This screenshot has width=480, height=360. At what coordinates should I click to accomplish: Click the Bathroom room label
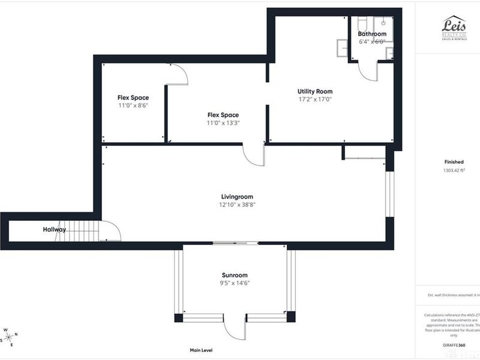pyautogui.click(x=372, y=34)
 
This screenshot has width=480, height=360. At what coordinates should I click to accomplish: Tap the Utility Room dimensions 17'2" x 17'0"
pyautogui.click(x=315, y=100)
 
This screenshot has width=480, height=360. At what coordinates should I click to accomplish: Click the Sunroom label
pyautogui.click(x=234, y=275)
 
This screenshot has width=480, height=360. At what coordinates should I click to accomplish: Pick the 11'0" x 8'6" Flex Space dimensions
pyautogui.click(x=133, y=105)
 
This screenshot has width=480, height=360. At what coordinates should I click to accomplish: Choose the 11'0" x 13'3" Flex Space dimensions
pyautogui.click(x=223, y=123)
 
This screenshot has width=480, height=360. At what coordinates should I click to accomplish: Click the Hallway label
pyautogui.click(x=54, y=230)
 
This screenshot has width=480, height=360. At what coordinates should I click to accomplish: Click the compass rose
pyautogui.click(x=10, y=337)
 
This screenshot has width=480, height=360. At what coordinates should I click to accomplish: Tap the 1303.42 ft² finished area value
pyautogui.click(x=454, y=170)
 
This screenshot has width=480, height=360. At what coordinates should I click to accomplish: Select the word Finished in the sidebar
pyautogui.click(x=454, y=162)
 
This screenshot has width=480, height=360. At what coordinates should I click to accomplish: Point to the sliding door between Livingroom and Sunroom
pyautogui.click(x=236, y=243)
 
